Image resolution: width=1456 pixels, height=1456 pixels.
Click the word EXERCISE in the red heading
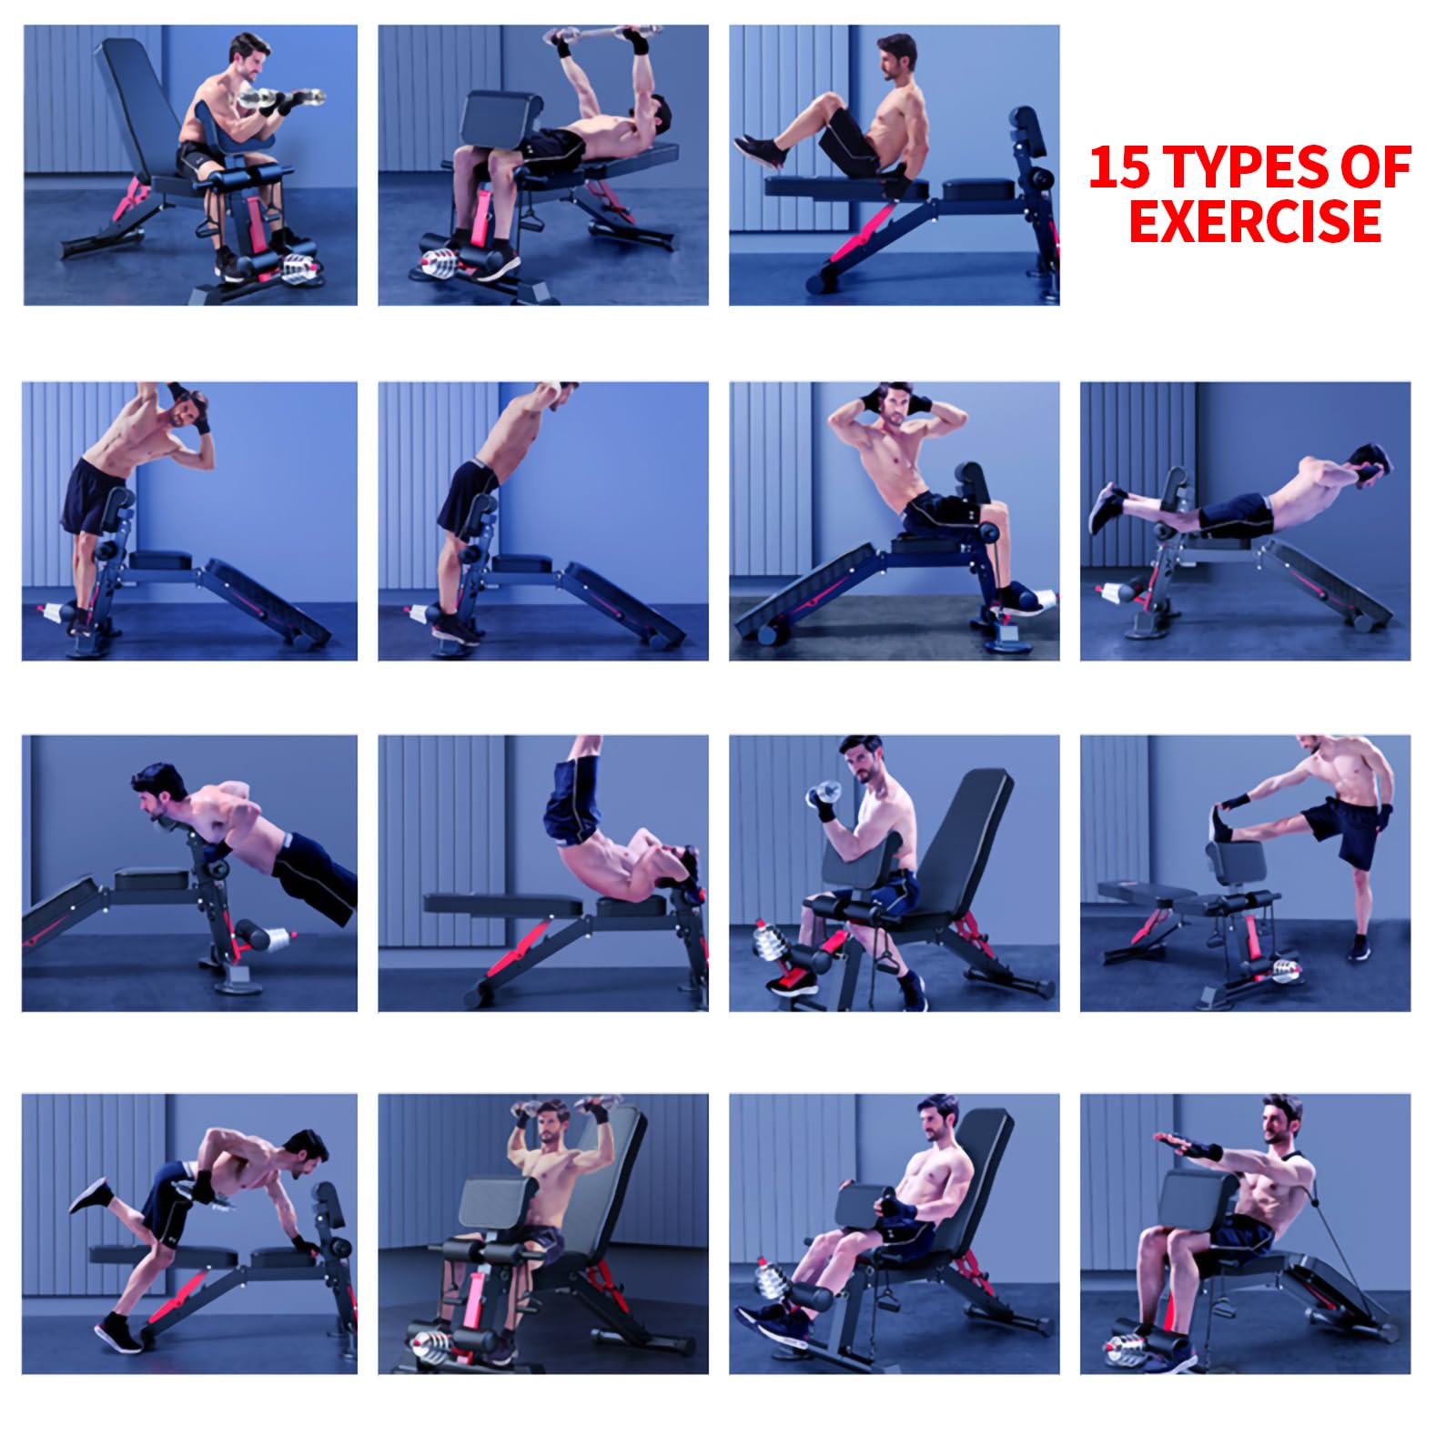(1255, 220)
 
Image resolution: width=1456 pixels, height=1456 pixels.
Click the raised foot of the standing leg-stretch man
(1221, 824)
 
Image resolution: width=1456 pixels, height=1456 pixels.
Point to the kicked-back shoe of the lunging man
(90, 1194)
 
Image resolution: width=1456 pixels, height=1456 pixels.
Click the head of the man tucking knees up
(895, 59)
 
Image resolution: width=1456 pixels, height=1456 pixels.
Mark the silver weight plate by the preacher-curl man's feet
(301, 268)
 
